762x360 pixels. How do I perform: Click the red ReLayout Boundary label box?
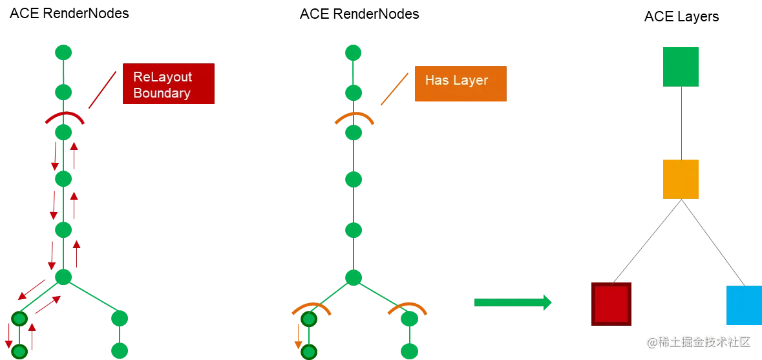[x=167, y=85]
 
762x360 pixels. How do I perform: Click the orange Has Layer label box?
[x=460, y=82]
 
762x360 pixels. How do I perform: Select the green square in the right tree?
[x=681, y=67]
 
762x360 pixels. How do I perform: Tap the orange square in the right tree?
[x=681, y=179]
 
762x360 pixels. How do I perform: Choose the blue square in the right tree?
[x=743, y=304]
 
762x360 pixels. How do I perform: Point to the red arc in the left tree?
[x=63, y=116]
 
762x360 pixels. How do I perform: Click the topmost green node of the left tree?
[x=63, y=52]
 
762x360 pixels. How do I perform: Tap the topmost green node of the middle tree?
[x=353, y=52]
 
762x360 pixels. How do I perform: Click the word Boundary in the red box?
[x=162, y=93]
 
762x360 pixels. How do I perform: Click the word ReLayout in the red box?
[x=162, y=77]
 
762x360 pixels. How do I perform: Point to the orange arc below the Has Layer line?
[x=353, y=117]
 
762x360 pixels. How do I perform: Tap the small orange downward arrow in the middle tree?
[x=298, y=336]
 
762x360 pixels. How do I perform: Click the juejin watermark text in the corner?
[x=697, y=341]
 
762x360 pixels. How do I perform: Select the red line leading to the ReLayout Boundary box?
[x=102, y=90]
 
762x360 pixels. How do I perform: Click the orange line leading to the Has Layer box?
[x=395, y=89]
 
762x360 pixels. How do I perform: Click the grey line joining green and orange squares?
[x=681, y=122]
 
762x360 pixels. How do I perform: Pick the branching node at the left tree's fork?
[x=63, y=277]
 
